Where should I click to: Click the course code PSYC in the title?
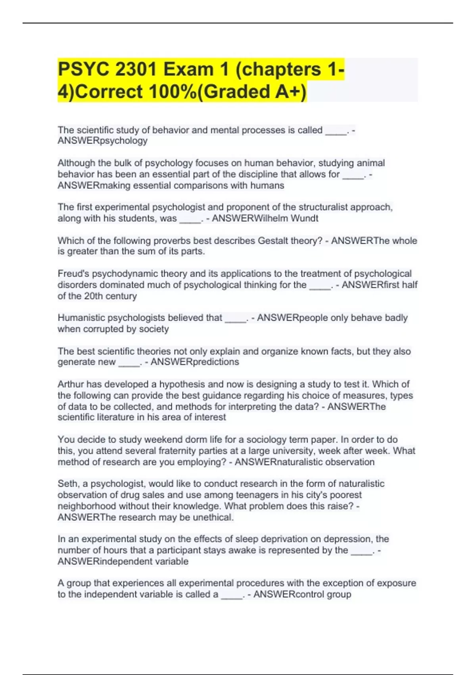(83, 69)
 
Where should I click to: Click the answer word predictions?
(215, 362)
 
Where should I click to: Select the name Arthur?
(71, 384)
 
